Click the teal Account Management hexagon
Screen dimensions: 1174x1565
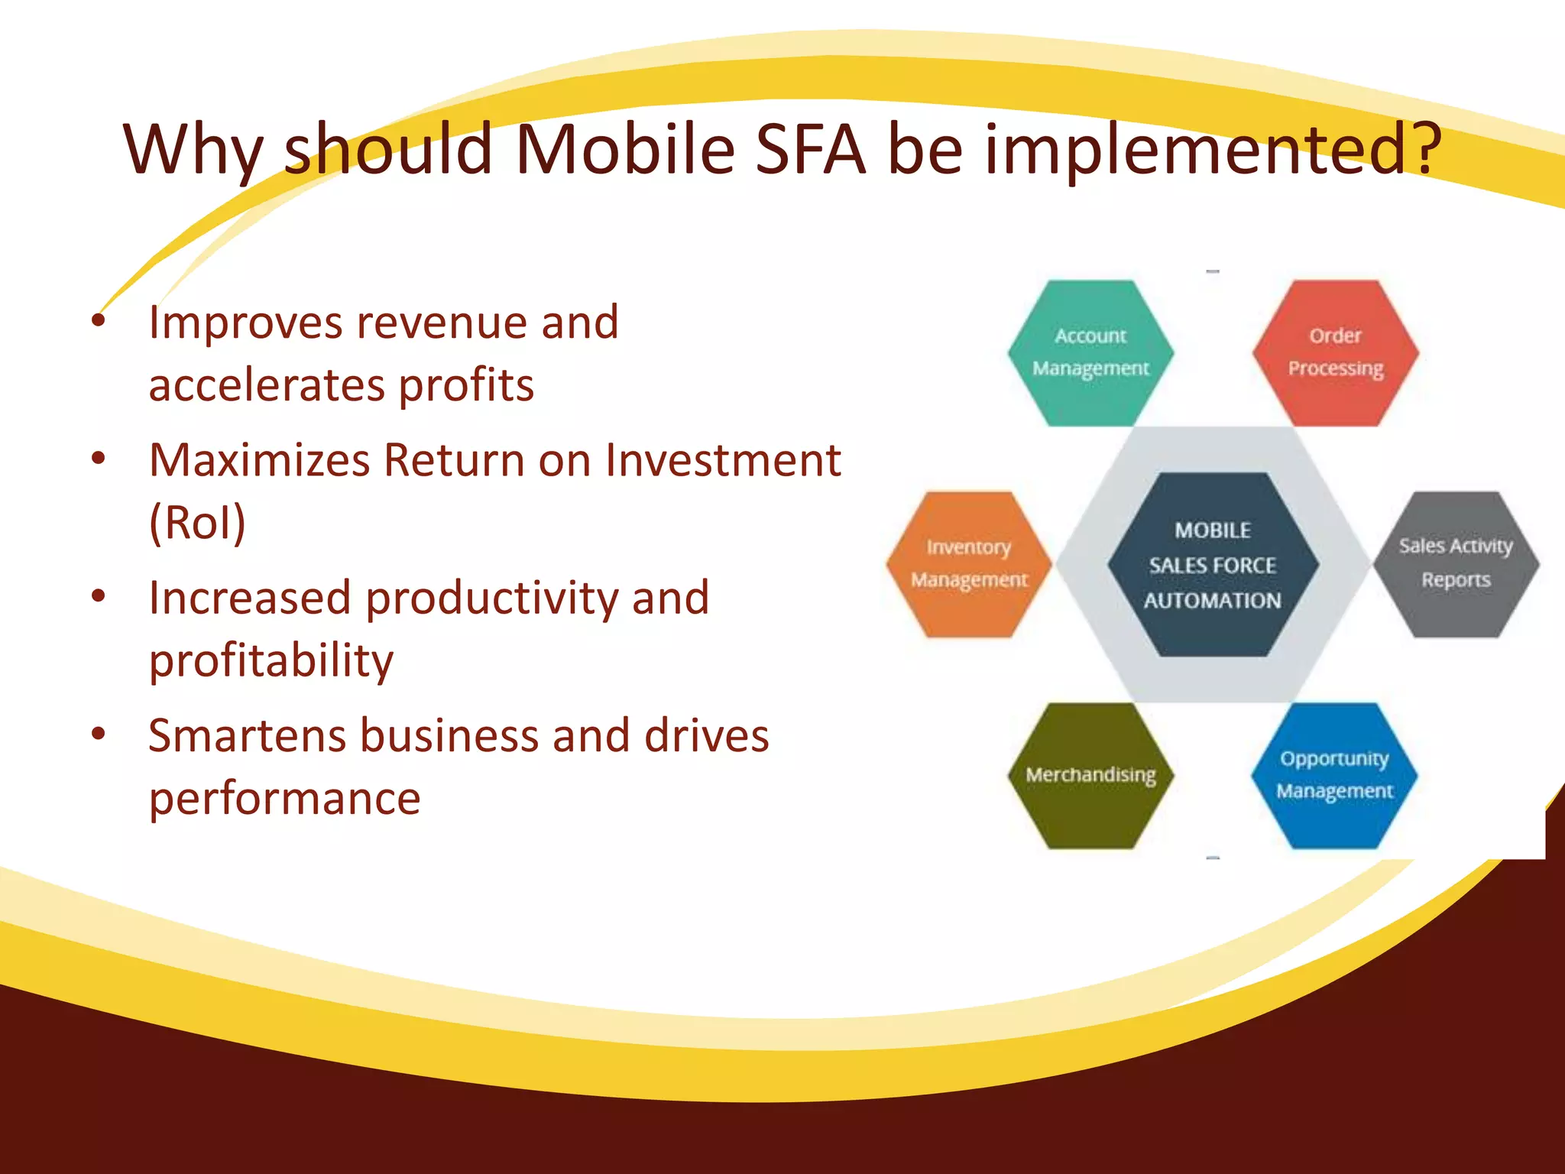point(1090,352)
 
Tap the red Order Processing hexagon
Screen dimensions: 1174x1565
point(1335,352)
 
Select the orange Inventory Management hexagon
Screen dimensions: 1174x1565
point(968,564)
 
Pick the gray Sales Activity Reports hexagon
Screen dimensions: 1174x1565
point(1456,564)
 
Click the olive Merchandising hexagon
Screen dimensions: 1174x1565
point(1090,775)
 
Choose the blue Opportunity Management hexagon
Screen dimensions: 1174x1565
point(1334,775)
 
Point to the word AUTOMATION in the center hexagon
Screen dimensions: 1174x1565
point(1212,601)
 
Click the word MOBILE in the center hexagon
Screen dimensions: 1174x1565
point(1213,530)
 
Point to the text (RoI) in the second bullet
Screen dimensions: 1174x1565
point(197,523)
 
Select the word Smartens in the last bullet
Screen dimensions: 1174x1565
point(246,736)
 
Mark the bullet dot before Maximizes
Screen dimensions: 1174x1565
point(98,459)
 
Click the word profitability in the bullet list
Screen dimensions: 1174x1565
point(271,661)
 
